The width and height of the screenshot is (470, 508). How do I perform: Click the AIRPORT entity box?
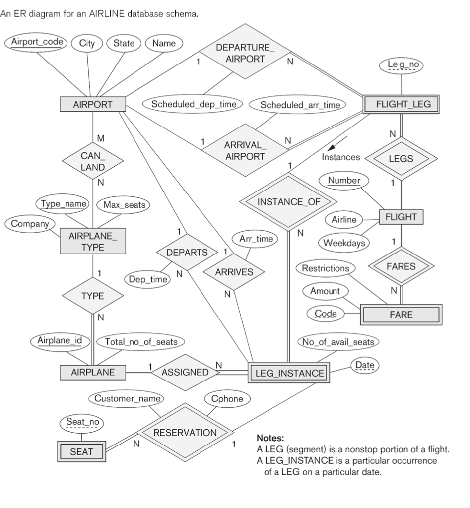coord(93,105)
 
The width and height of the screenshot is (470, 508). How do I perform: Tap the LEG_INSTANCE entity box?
coord(288,373)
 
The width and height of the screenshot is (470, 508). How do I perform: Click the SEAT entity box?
coord(80,451)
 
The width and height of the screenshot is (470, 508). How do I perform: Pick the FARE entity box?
coord(401,314)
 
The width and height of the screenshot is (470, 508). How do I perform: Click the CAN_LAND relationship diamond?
coord(93,161)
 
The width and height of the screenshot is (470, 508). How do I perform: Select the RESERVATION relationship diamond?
coord(185,432)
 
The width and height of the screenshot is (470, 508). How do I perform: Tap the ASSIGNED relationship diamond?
coord(185,372)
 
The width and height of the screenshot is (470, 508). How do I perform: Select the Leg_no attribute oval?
coord(402,64)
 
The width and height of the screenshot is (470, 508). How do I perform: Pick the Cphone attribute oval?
coord(227,398)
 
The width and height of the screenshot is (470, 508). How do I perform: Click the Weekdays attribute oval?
coord(343,243)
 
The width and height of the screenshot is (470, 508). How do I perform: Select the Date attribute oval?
coord(364,366)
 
